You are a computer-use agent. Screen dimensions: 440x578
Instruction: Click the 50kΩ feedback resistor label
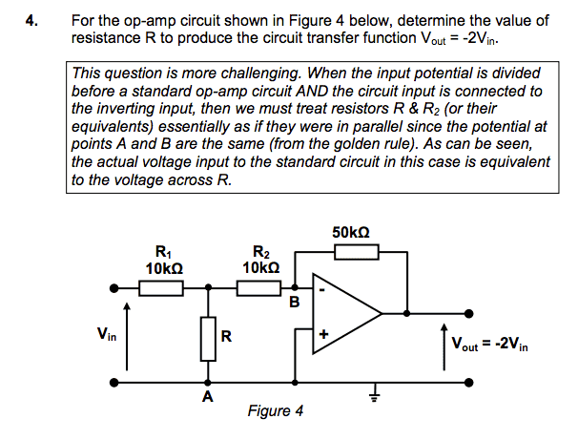pos(352,232)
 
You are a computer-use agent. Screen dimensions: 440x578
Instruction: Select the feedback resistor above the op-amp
pos(357,251)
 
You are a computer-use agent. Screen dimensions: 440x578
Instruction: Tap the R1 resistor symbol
pos(159,287)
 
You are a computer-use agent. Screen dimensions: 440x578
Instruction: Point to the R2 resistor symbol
pos(258,287)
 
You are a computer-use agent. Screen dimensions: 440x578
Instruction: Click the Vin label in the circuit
pos(107,334)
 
